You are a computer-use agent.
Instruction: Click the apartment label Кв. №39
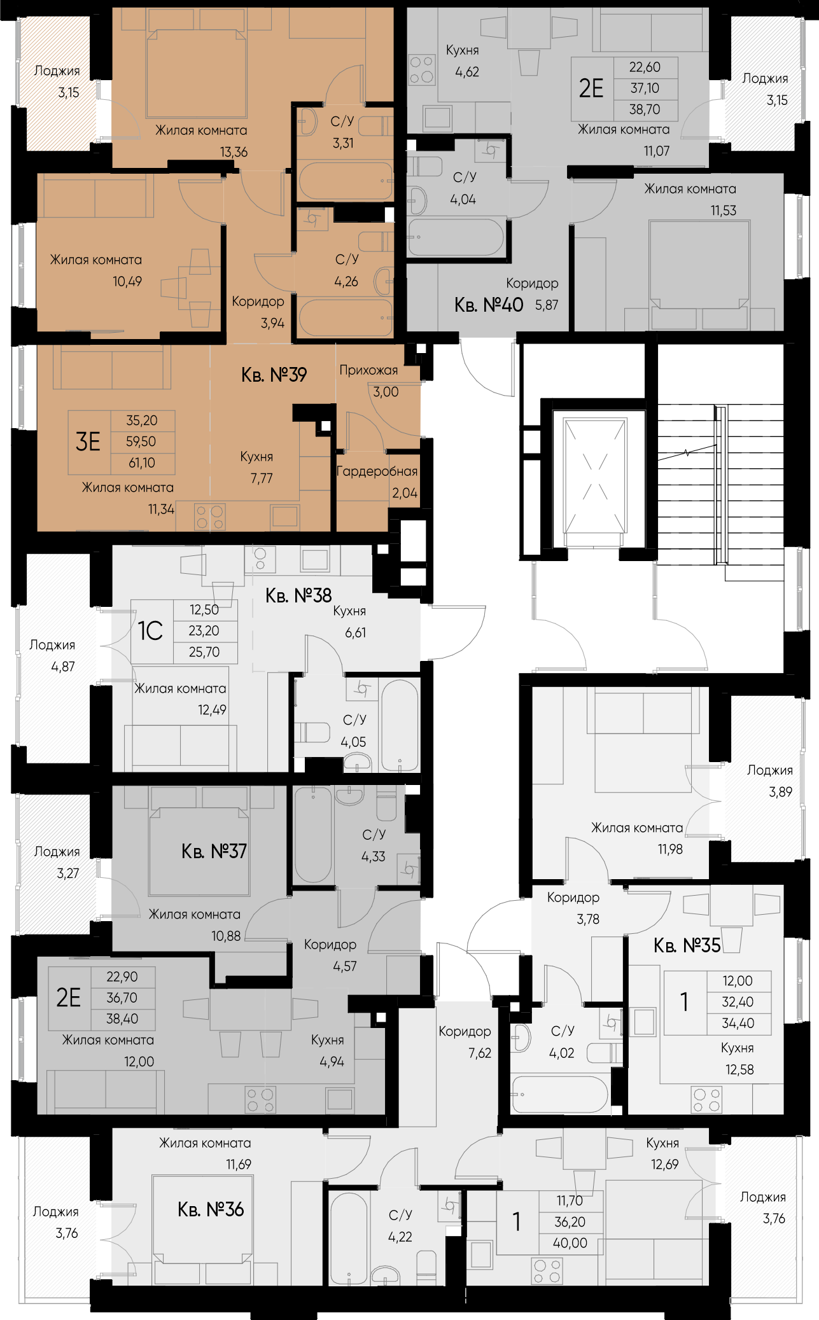[274, 375]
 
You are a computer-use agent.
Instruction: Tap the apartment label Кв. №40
[489, 305]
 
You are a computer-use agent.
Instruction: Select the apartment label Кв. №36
[211, 1209]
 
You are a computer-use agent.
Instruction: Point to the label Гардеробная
[377, 471]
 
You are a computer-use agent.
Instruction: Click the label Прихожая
[368, 370]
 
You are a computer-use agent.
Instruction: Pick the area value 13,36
[234, 152]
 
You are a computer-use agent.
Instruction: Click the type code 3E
[88, 441]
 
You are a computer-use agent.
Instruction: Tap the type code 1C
[151, 631]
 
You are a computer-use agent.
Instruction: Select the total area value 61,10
[141, 463]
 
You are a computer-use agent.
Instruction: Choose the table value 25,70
[204, 652]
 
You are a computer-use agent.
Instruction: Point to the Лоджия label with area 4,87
[52, 645]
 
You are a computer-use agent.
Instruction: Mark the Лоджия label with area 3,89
[769, 770]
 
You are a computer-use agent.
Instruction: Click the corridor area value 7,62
[480, 1053]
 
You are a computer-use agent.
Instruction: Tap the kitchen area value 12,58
[739, 1069]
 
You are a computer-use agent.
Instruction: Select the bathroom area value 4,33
[374, 856]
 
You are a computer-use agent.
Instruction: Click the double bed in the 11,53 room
[699, 268]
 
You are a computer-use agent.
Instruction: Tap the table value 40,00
[570, 1243]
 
